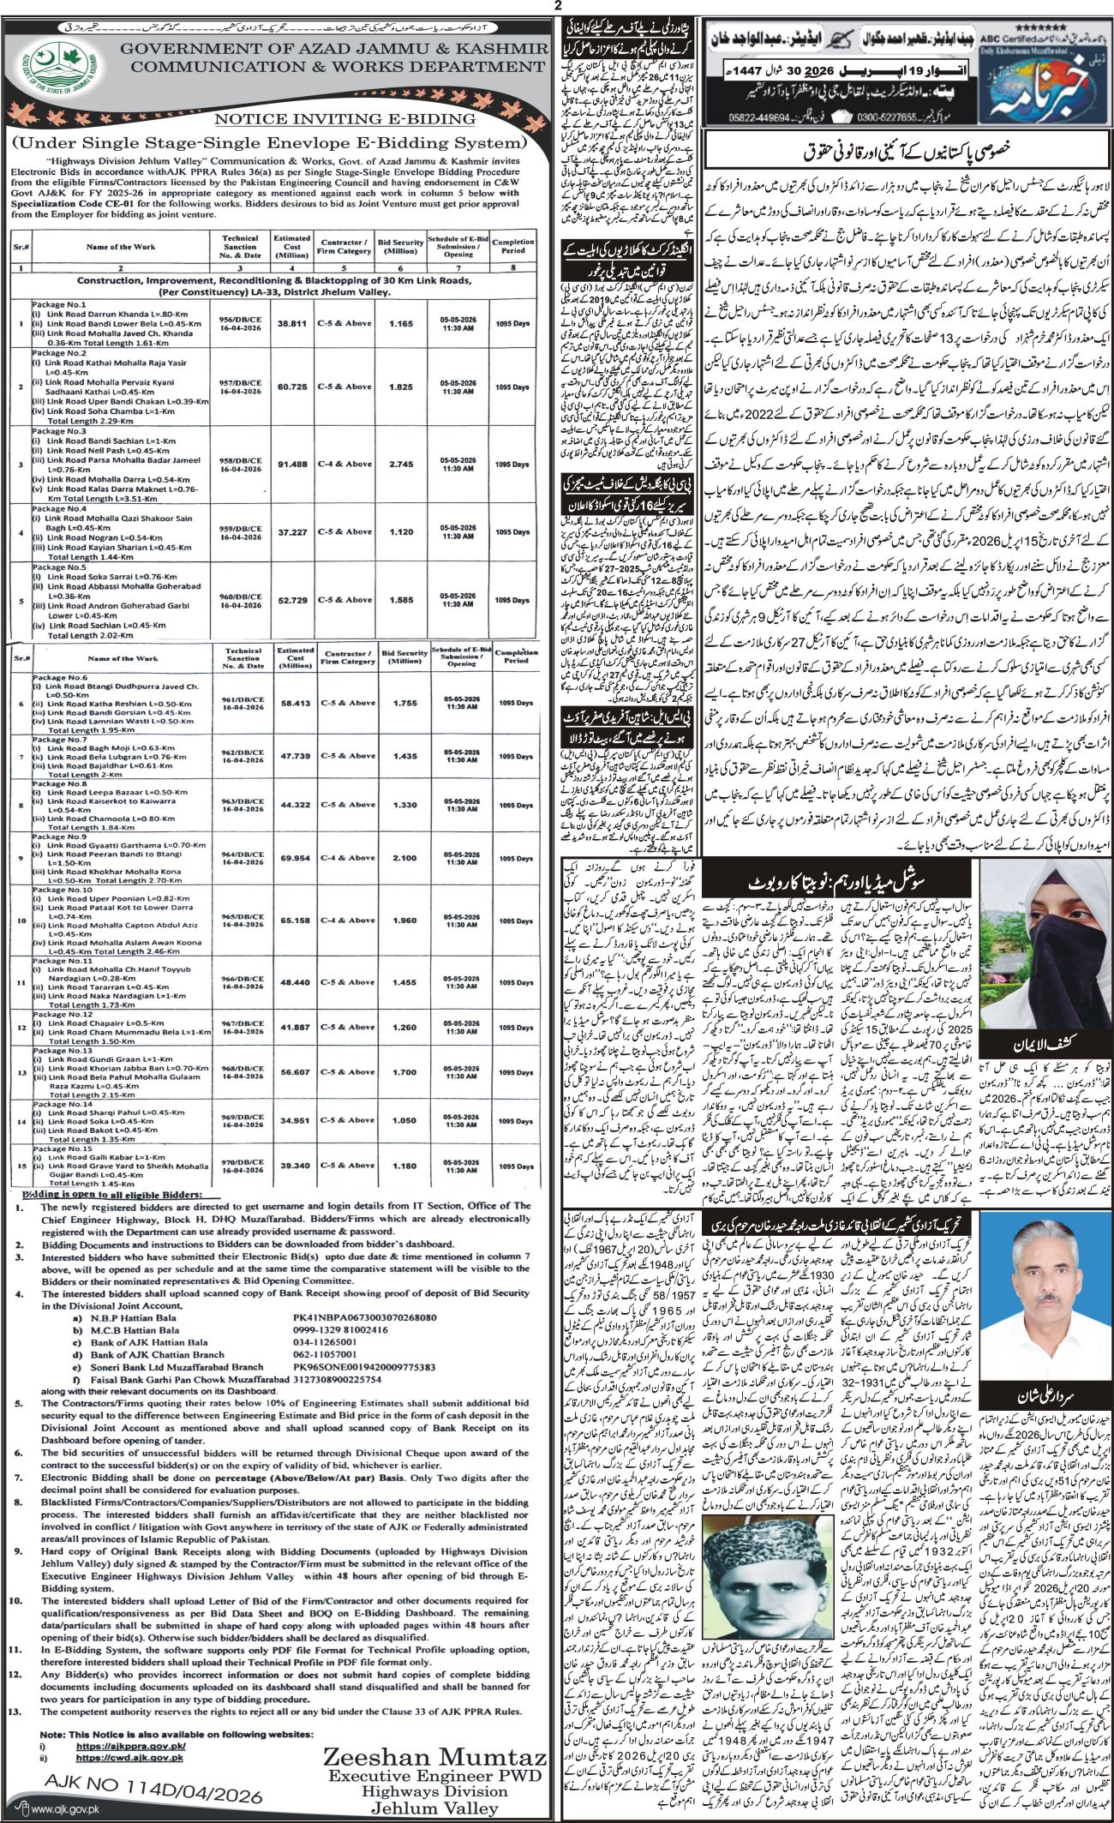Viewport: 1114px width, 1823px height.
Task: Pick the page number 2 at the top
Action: (x=557, y=6)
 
